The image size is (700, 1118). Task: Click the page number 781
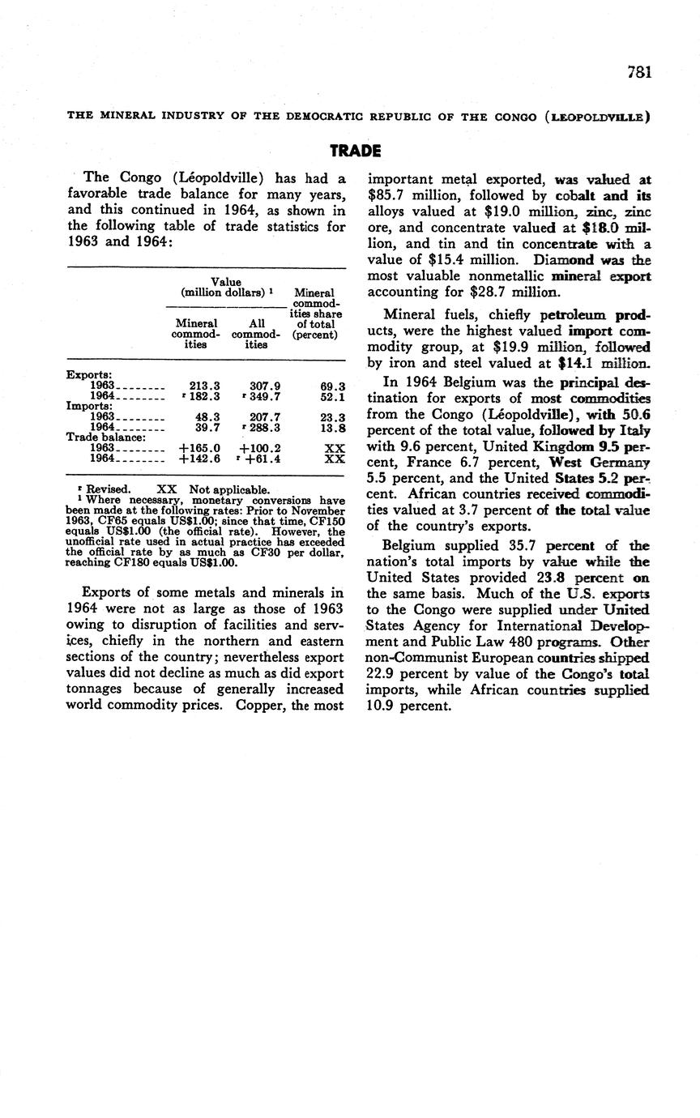(639, 72)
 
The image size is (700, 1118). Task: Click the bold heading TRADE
(355, 151)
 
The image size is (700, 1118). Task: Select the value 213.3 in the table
(204, 386)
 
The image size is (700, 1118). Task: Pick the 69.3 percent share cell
(332, 387)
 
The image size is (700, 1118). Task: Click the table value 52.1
(332, 397)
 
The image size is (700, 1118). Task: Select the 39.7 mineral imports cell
(207, 427)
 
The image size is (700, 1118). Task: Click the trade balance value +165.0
(200, 448)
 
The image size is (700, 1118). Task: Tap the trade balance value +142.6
(200, 459)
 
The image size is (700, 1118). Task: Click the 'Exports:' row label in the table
(88, 375)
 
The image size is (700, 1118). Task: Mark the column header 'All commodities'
(256, 333)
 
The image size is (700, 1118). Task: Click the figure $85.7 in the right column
(386, 195)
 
